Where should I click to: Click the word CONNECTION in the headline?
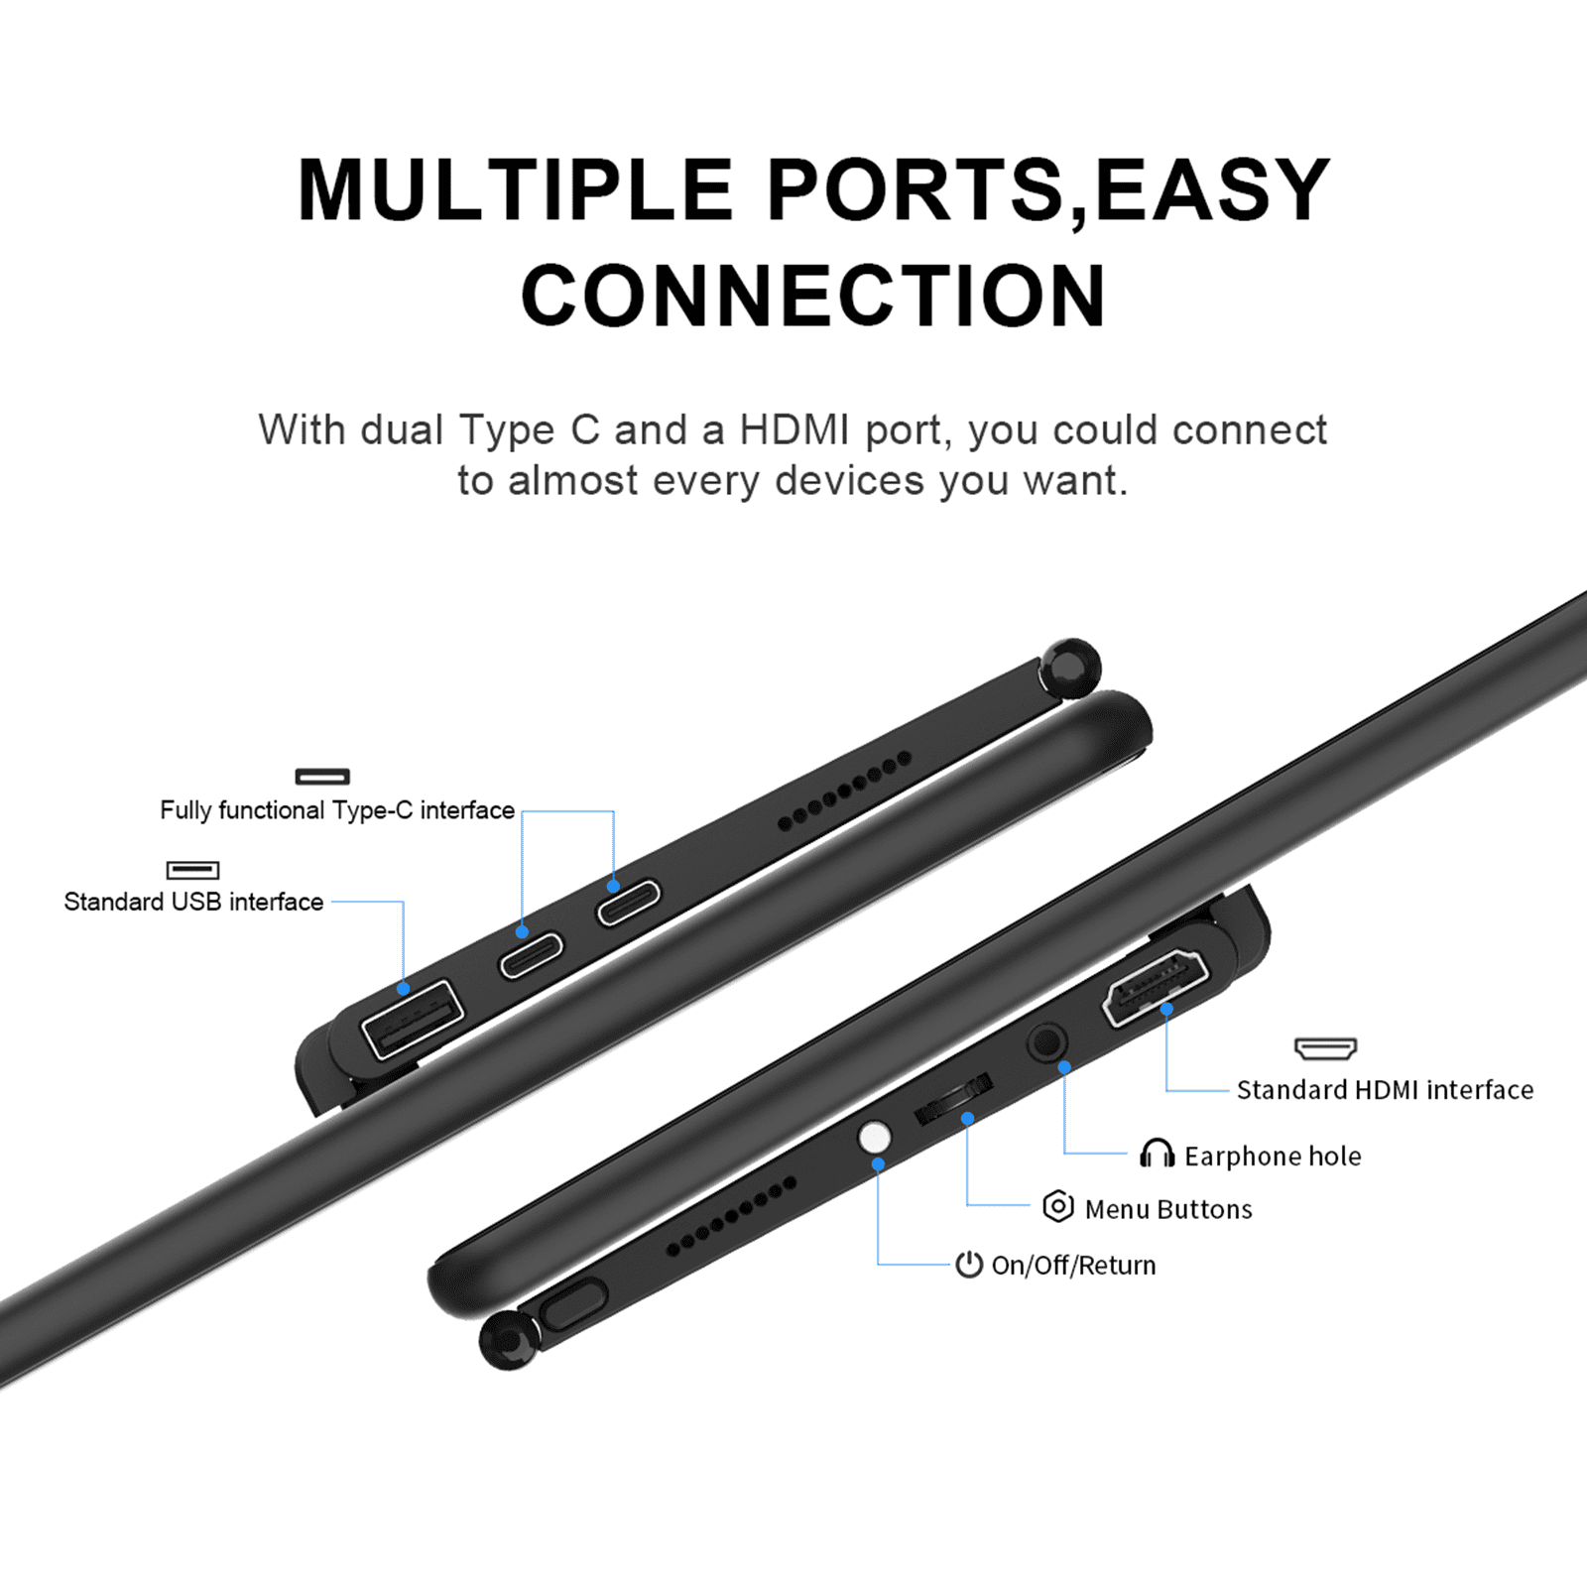tap(813, 295)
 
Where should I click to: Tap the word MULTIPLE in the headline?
tap(516, 189)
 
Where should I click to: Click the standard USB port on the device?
tap(413, 1019)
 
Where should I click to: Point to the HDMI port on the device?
tap(1156, 987)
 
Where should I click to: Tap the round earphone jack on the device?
tap(1046, 1043)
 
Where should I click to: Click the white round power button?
tap(874, 1138)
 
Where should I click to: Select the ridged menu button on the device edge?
tap(953, 1099)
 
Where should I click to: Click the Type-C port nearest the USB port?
tap(531, 954)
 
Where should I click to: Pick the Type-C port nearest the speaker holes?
tap(628, 903)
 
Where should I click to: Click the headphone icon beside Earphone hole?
tap(1157, 1154)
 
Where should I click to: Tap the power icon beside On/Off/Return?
tap(969, 1264)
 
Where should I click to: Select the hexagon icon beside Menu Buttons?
tap(1058, 1206)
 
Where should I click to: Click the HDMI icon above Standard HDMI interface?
tap(1325, 1048)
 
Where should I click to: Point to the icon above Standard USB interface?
tap(192, 870)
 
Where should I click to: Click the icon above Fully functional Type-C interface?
tap(322, 776)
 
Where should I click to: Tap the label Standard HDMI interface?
tap(1385, 1090)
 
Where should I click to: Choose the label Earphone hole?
tap(1273, 1157)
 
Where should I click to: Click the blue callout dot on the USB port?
tap(403, 989)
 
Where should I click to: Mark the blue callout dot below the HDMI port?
tap(1166, 1009)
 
